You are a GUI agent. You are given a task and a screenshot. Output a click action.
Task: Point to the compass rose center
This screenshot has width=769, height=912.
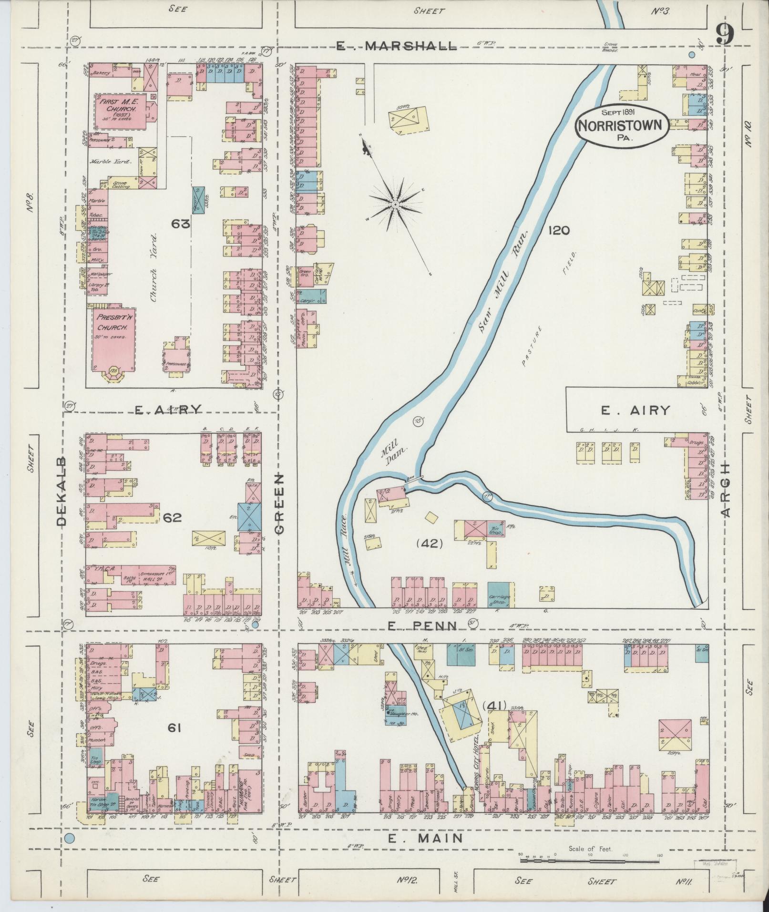pyautogui.click(x=395, y=204)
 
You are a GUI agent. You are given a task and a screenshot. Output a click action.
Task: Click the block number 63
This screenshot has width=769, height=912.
pyautogui.click(x=182, y=223)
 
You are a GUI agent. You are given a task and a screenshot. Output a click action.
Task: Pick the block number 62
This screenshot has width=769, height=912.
pyautogui.click(x=172, y=517)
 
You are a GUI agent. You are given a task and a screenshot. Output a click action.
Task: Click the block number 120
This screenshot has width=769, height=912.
pyautogui.click(x=558, y=231)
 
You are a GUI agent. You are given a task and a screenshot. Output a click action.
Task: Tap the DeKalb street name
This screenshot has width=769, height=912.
pyautogui.click(x=62, y=493)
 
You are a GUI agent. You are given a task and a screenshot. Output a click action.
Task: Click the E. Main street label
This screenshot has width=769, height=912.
pyautogui.click(x=425, y=838)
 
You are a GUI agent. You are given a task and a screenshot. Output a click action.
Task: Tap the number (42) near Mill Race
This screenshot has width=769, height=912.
pyautogui.click(x=430, y=543)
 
